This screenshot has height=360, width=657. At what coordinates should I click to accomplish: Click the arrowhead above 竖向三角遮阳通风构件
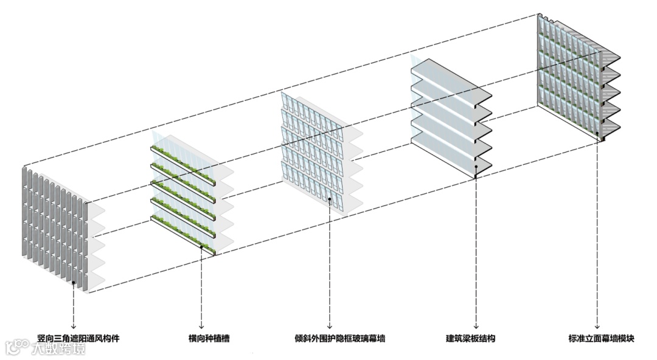(74, 327)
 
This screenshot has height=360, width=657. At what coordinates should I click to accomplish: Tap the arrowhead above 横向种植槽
(201, 327)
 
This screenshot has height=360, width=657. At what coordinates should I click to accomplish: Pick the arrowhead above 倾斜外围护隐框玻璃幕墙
(330, 327)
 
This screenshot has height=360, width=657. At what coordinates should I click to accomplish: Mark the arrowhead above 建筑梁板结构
(474, 327)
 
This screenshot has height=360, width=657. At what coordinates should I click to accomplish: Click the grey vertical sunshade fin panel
(52, 225)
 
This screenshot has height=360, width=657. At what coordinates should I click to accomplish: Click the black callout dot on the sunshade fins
(74, 283)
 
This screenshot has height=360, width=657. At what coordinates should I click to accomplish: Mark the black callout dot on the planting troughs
(201, 246)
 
